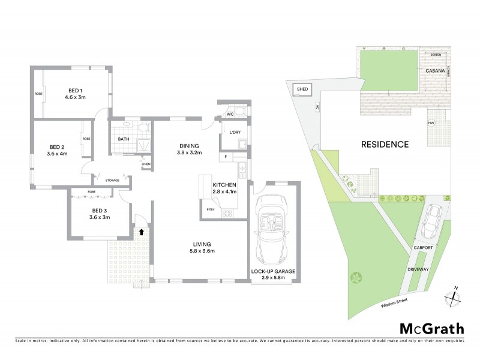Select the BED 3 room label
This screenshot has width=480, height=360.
(x=99, y=210)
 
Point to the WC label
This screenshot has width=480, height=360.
(x=229, y=113)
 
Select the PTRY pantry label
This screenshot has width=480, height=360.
(x=210, y=209)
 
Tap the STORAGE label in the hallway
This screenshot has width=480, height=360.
(x=112, y=180)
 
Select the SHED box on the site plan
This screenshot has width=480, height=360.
(x=302, y=90)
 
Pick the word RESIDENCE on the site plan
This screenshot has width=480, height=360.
(x=385, y=144)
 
